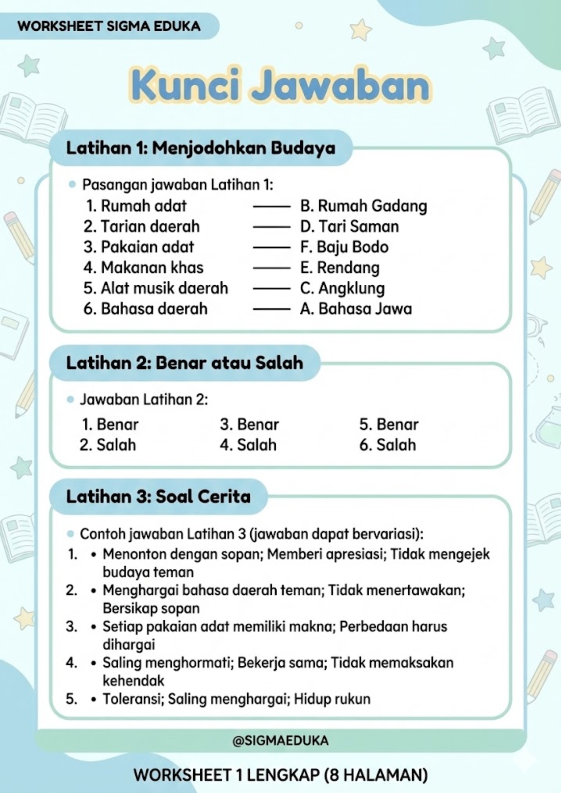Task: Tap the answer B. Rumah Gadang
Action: pyautogui.click(x=363, y=206)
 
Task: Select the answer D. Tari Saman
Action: pyautogui.click(x=349, y=226)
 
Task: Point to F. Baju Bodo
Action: pyautogui.click(x=344, y=247)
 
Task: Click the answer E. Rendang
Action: pyautogui.click(x=340, y=268)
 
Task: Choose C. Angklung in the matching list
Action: pyautogui.click(x=342, y=288)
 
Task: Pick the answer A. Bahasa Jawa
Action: pyautogui.click(x=356, y=309)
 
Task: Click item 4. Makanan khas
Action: pyautogui.click(x=143, y=268)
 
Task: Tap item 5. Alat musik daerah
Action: pyautogui.click(x=156, y=288)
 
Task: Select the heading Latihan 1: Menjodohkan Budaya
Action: pyautogui.click(x=201, y=148)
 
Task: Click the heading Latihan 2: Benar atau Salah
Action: pyautogui.click(x=184, y=363)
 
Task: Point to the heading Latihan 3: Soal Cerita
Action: pyautogui.click(x=158, y=496)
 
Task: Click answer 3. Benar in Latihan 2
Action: pyautogui.click(x=250, y=425)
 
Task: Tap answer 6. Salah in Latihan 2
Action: pyautogui.click(x=388, y=445)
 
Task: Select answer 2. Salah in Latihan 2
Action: pyautogui.click(x=108, y=445)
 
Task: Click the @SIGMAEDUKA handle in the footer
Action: pyautogui.click(x=280, y=741)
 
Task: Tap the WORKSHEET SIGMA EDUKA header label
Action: pyautogui.click(x=109, y=27)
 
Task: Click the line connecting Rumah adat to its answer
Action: pyautogui.click(x=272, y=207)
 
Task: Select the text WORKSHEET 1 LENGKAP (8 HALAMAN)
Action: pyautogui.click(x=280, y=775)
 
